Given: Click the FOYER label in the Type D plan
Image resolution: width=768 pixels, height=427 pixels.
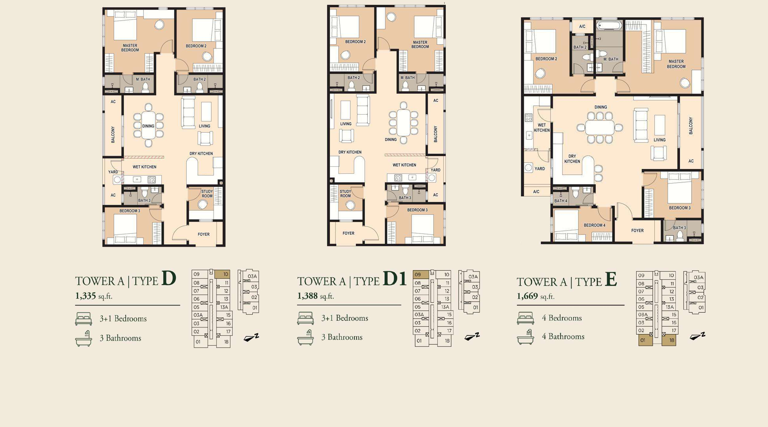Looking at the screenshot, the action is [203, 234].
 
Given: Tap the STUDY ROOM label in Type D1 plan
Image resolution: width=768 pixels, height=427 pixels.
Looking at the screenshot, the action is [345, 194].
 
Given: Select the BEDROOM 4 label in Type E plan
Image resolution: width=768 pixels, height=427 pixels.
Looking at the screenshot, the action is [594, 225].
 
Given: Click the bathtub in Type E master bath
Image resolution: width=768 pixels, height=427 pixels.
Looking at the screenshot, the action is [609, 25].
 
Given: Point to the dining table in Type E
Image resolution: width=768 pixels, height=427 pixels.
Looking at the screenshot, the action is [600, 128].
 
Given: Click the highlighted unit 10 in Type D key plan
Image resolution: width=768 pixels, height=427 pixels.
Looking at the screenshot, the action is [222, 274].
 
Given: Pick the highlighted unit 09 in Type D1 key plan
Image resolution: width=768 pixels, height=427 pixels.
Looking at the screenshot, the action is [421, 274].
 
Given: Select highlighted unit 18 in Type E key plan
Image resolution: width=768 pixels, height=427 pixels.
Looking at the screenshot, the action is [668, 340].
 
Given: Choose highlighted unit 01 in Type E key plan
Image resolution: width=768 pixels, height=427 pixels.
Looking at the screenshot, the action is [645, 340].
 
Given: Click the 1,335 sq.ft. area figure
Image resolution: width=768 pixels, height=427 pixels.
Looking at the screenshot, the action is [94, 296].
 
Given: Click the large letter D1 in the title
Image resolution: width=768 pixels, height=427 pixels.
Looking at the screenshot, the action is [395, 278].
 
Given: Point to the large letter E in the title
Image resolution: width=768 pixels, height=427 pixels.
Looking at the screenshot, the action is [611, 279].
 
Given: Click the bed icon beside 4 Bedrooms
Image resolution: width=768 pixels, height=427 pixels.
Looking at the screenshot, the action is [525, 318].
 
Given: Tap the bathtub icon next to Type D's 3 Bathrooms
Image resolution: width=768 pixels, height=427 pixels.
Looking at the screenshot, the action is [84, 338].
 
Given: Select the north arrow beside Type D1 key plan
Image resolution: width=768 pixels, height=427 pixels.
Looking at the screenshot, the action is [472, 337].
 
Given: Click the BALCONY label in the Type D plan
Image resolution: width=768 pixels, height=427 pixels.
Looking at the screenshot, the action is [113, 135].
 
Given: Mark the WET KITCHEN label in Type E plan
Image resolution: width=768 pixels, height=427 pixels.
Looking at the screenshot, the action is [542, 128].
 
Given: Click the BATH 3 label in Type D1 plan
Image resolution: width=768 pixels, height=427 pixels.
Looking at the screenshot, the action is [405, 198].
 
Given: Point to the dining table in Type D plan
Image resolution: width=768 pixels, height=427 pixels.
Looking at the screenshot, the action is [148, 125].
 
